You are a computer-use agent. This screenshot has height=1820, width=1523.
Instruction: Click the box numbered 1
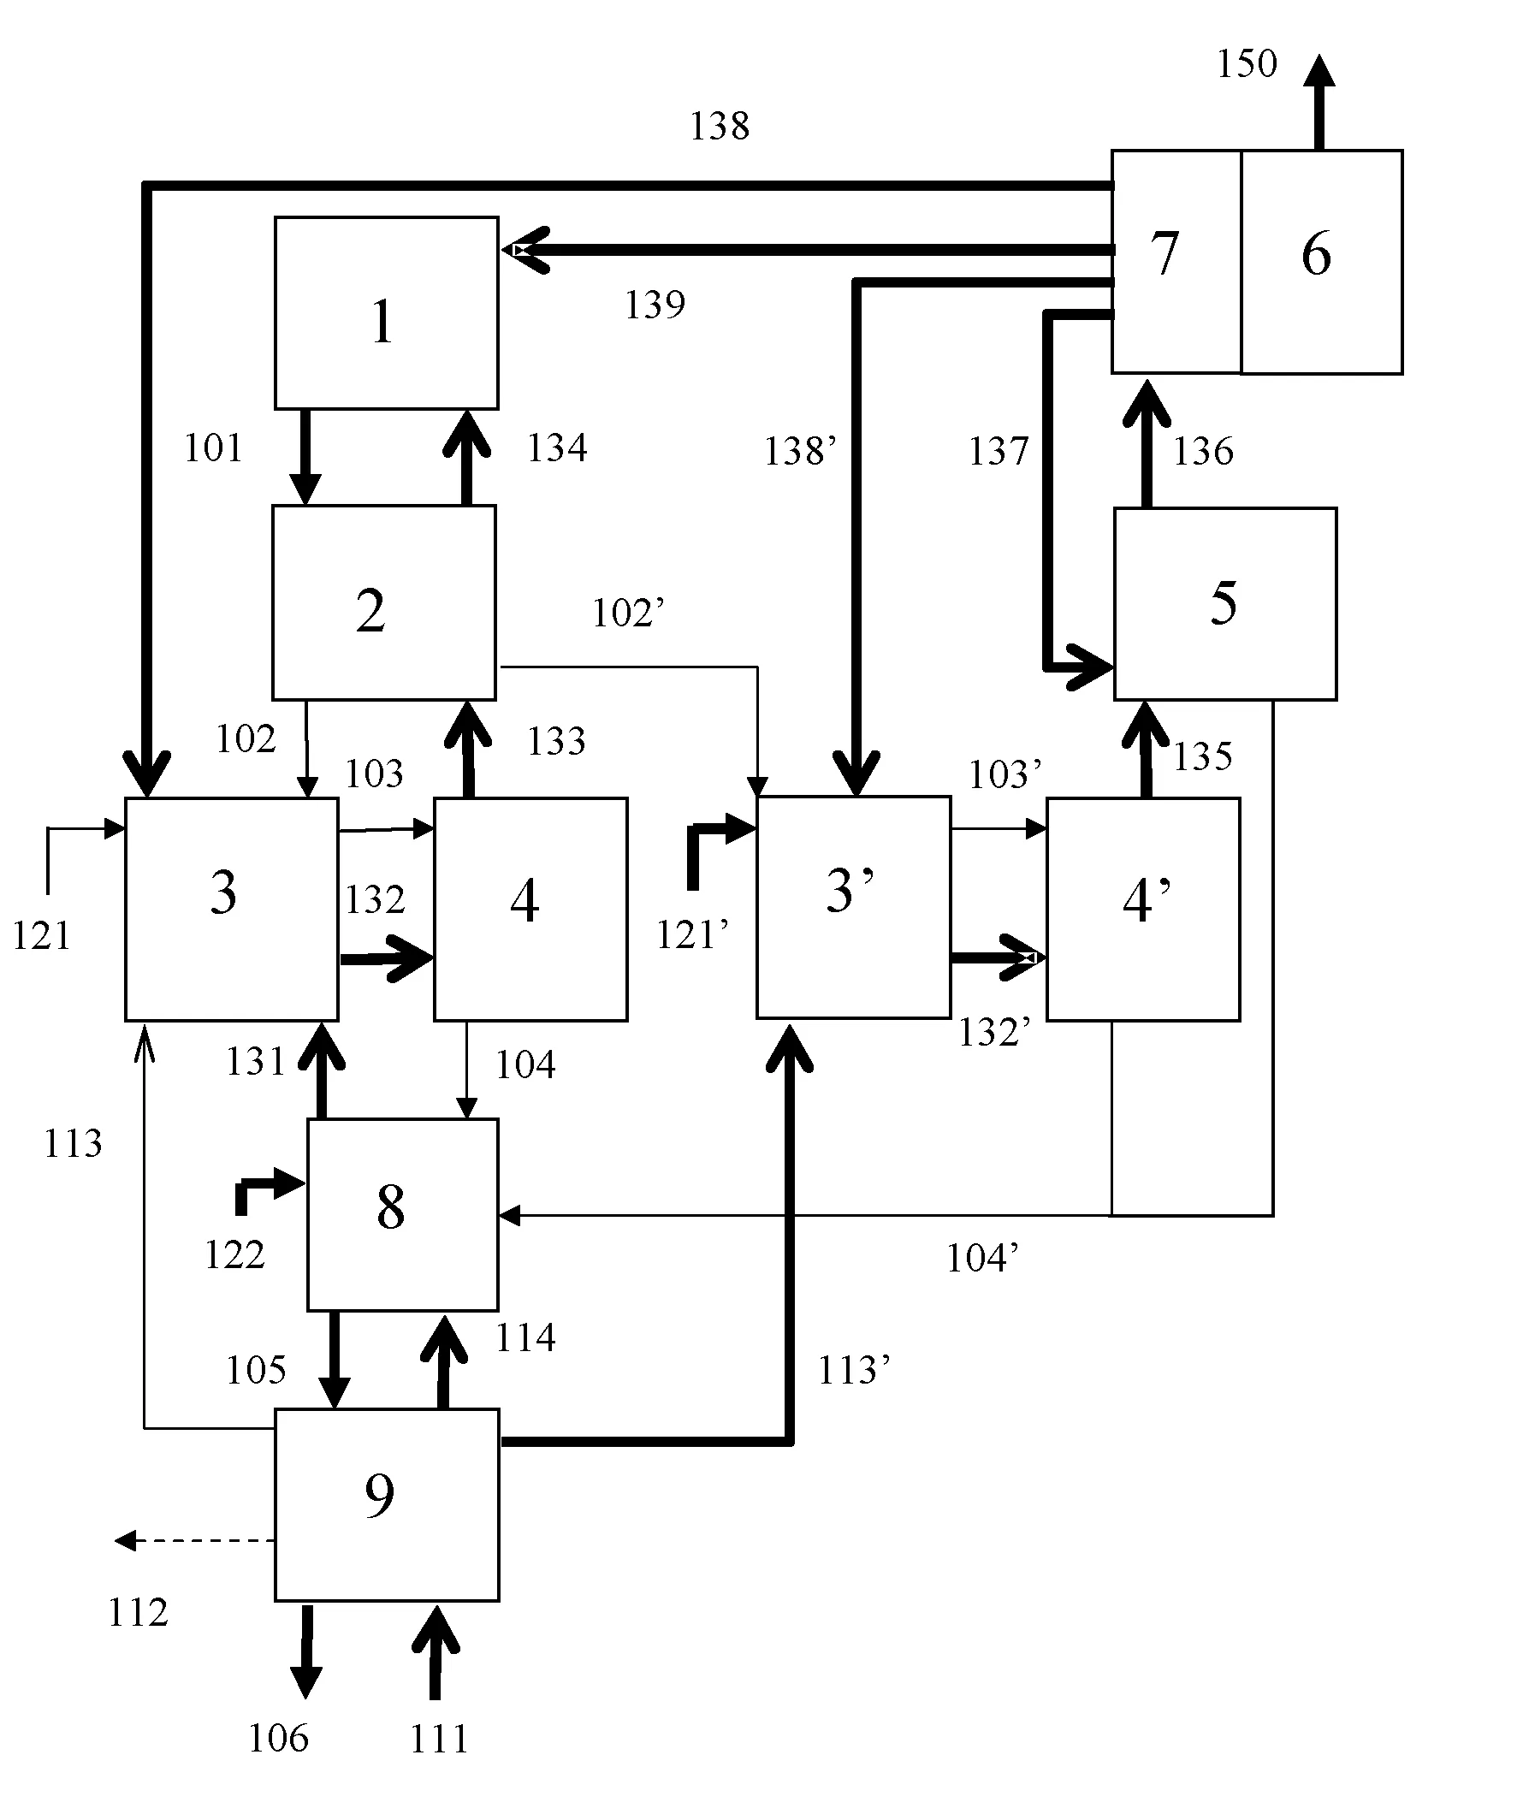click(x=387, y=312)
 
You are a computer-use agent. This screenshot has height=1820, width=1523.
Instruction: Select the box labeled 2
click(x=384, y=602)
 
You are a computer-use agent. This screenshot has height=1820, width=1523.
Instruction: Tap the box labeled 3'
click(x=853, y=906)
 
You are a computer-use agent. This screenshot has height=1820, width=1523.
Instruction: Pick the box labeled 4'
click(x=1142, y=908)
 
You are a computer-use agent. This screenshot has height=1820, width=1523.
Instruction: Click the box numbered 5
click(x=1224, y=603)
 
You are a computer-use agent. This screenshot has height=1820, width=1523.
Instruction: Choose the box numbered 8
click(x=402, y=1214)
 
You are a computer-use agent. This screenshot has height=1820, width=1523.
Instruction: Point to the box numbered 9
click(x=387, y=1504)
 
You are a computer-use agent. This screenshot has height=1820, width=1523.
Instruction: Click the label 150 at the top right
click(x=1247, y=64)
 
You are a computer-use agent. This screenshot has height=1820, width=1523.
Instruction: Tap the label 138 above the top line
click(x=719, y=127)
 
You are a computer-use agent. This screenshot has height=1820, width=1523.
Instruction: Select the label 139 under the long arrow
click(x=655, y=305)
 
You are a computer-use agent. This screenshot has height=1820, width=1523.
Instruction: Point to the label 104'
click(x=981, y=1259)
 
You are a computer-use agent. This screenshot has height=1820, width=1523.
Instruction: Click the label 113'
click(x=853, y=1370)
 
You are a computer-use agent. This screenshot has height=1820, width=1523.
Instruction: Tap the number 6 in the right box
click(x=1316, y=254)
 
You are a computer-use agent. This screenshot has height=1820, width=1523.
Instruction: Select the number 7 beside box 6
click(x=1164, y=254)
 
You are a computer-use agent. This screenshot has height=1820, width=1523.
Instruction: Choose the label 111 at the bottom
click(x=439, y=1740)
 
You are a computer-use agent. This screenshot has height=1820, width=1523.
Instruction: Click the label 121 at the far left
click(x=41, y=936)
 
